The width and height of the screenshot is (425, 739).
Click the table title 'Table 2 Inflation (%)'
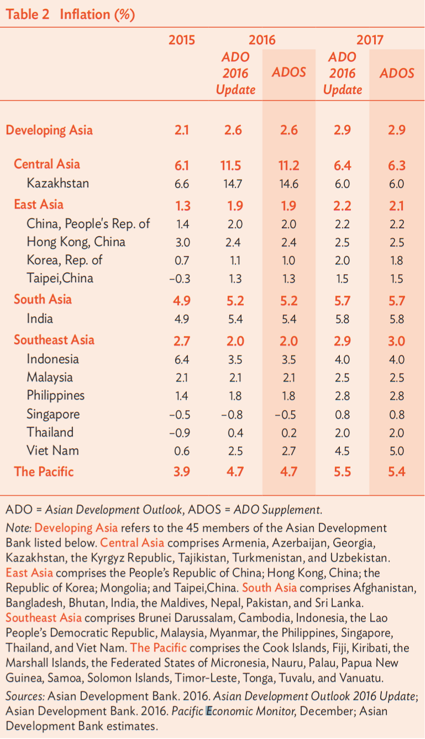pyautogui.click(x=70, y=14)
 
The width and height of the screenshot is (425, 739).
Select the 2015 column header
pyautogui.click(x=182, y=40)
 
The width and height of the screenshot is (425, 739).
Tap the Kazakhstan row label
pyautogui.click(x=57, y=183)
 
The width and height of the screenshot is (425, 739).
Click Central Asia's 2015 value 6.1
pyautogui.click(x=182, y=165)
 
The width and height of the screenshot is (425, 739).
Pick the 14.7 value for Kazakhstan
pyautogui.click(x=233, y=184)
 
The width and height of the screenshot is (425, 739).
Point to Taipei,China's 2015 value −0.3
pyautogui.click(x=180, y=279)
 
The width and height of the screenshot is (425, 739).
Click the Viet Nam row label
pyautogui.click(x=53, y=450)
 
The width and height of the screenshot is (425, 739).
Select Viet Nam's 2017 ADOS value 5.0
pyautogui.click(x=397, y=451)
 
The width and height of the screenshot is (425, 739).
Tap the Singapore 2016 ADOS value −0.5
pyautogui.click(x=286, y=415)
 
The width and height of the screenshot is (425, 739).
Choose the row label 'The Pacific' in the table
pyautogui.click(x=44, y=472)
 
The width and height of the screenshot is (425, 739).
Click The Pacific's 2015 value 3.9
pyautogui.click(x=182, y=472)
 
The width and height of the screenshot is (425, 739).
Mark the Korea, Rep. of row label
pyautogui.click(x=65, y=260)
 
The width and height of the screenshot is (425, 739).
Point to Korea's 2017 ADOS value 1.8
pyautogui.click(x=397, y=261)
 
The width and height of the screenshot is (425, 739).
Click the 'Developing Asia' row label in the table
pyautogui.click(x=50, y=130)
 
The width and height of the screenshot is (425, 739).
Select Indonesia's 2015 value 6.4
pyautogui.click(x=182, y=359)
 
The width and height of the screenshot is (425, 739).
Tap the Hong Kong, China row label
pyautogui.click(x=76, y=242)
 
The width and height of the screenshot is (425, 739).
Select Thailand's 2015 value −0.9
pyautogui.click(x=180, y=433)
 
